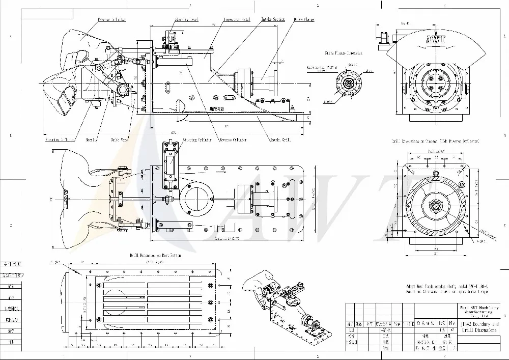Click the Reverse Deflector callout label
coord(112,19)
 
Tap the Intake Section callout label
coord(273,19)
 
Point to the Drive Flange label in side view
coord(304,19)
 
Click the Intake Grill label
coord(279,139)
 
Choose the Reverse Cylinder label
coord(233,139)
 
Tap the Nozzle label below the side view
coord(91,139)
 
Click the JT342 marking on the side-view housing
coord(216,108)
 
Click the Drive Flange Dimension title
coord(344,52)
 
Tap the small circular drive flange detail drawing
coord(349,84)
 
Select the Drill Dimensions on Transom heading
coord(435,141)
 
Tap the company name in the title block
coord(477,312)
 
